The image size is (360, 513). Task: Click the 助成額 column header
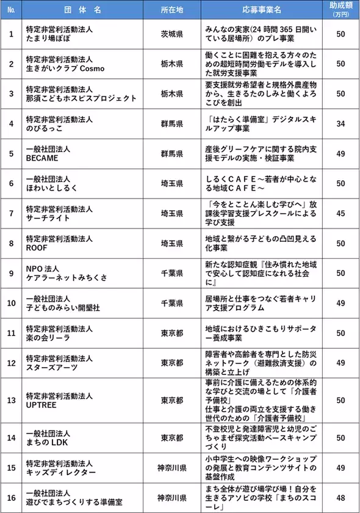pyautogui.click(x=340, y=9)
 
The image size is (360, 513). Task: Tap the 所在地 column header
pyautogui.click(x=171, y=10)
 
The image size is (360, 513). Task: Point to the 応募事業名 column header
pyautogui.click(x=261, y=10)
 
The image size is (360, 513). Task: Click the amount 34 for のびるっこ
pyautogui.click(x=340, y=124)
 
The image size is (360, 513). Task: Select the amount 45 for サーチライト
pyautogui.click(x=340, y=214)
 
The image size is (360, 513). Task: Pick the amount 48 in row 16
pyautogui.click(x=340, y=498)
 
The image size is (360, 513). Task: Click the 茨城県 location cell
pyautogui.click(x=171, y=34)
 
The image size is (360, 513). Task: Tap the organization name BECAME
pyautogui.click(x=41, y=158)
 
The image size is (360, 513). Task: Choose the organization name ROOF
pyautogui.click(x=36, y=248)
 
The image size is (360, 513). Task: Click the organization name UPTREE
pyautogui.click(x=41, y=406)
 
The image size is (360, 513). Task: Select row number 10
pyautogui.click(x=10, y=304)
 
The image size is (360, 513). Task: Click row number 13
pyautogui.click(x=10, y=401)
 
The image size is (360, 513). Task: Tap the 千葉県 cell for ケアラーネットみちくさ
pyautogui.click(x=171, y=274)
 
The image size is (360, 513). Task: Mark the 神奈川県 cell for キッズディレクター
pyautogui.click(x=171, y=468)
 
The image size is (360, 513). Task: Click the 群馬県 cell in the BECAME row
pyautogui.click(x=171, y=154)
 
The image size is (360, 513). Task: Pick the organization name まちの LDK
pyautogui.click(x=47, y=443)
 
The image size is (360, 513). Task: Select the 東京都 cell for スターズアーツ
pyautogui.click(x=171, y=363)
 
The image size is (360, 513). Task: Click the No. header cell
pyautogui.click(x=10, y=10)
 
